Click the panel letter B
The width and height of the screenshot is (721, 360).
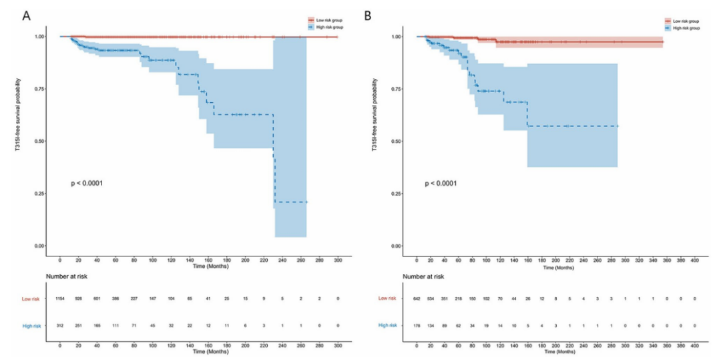(x=367, y=15)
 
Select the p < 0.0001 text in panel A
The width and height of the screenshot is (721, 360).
(x=87, y=183)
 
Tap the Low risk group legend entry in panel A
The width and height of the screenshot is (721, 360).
(x=326, y=19)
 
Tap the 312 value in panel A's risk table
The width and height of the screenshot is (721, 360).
(x=60, y=325)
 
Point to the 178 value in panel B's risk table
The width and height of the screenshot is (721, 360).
(x=417, y=325)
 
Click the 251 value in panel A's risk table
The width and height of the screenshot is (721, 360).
(x=79, y=325)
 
